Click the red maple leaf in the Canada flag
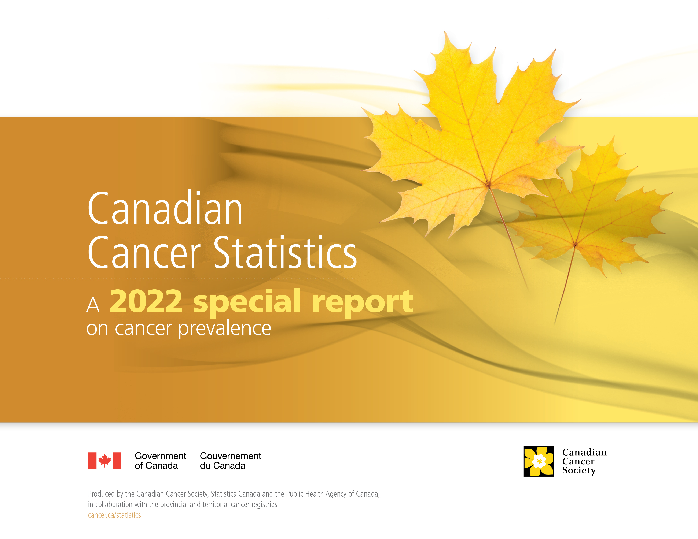click(x=104, y=460)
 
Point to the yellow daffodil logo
click(x=539, y=461)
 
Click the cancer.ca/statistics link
click(x=114, y=515)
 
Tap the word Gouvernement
click(x=230, y=456)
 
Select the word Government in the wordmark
click(x=161, y=456)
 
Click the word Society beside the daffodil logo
click(x=579, y=471)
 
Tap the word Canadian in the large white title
click(x=165, y=208)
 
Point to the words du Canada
click(x=223, y=466)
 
